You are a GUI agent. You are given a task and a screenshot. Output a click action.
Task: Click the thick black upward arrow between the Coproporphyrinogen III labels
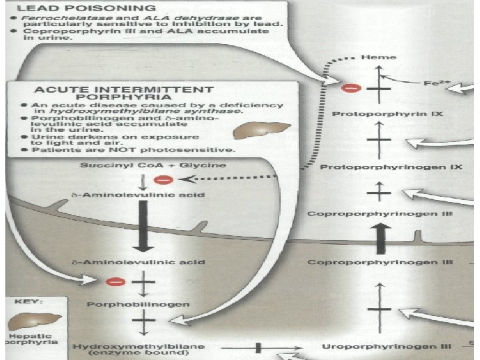click(x=381, y=238)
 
